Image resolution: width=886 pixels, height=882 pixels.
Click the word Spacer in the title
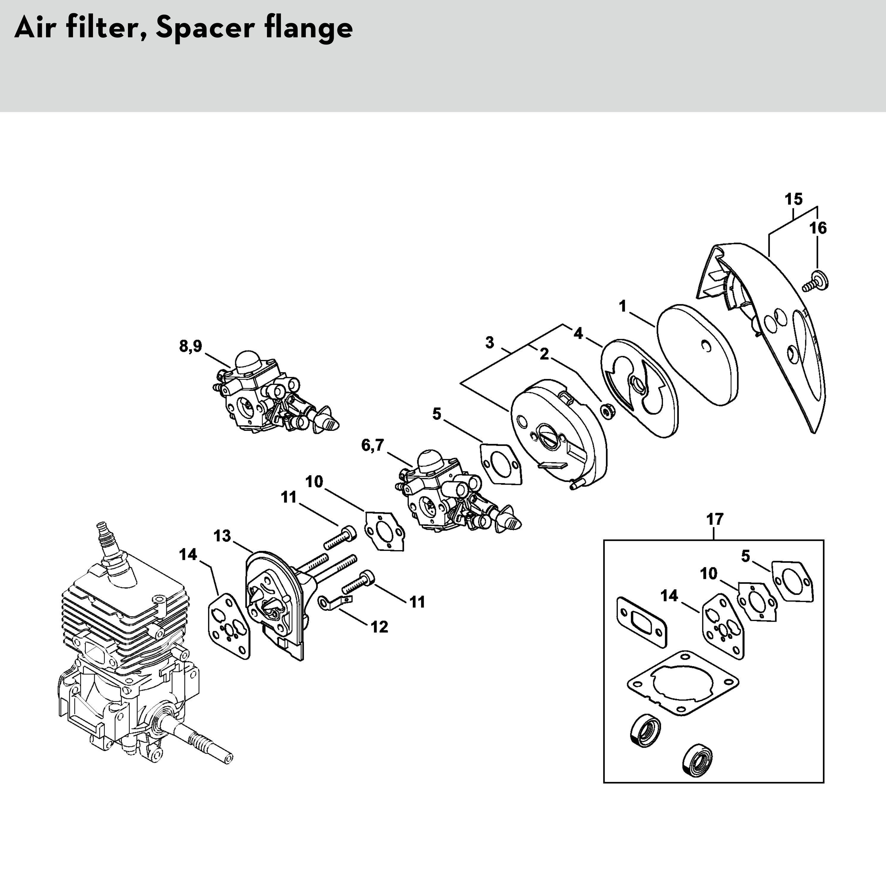pyautogui.click(x=205, y=29)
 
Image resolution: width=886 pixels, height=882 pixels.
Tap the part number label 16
pyautogui.click(x=818, y=228)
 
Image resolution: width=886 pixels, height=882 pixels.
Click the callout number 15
pyautogui.click(x=793, y=200)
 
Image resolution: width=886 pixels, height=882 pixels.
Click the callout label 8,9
pyautogui.click(x=190, y=346)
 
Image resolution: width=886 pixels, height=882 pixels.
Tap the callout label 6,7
pyautogui.click(x=372, y=445)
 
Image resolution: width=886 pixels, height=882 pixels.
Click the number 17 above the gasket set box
pyautogui.click(x=714, y=519)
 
